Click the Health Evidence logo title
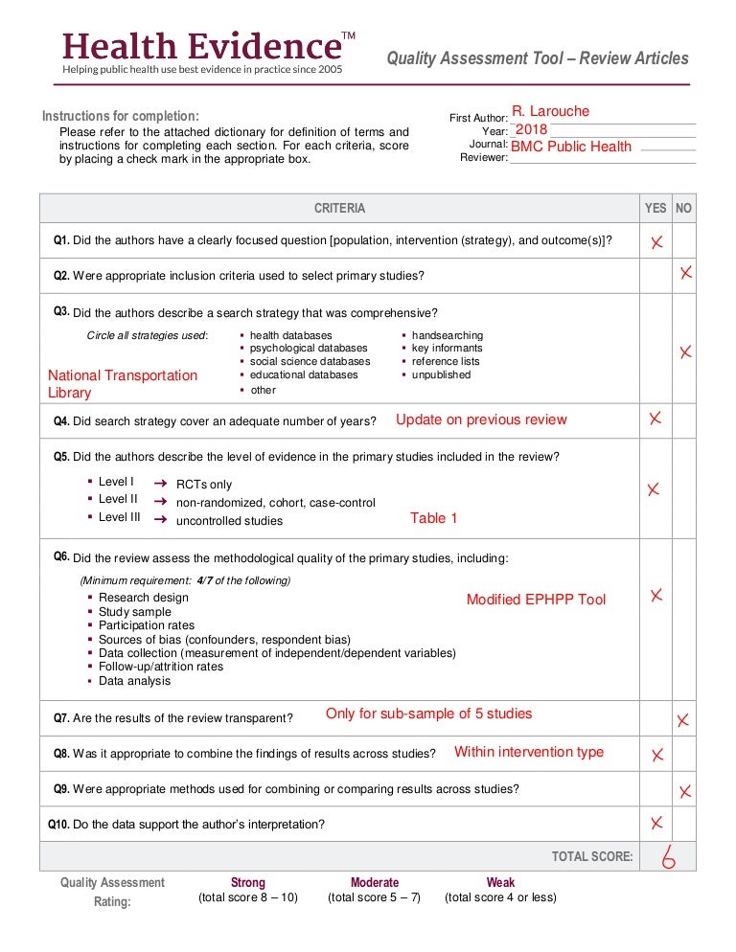coord(201,45)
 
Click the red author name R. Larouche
coord(550,111)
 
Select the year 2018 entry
coord(531,129)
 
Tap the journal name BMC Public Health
coord(571,147)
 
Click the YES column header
coord(655,208)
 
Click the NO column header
coord(683,208)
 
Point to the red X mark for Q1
coord(656,242)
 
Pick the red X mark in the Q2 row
coord(686,274)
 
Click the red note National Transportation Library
coord(123,384)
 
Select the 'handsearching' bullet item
coord(447,335)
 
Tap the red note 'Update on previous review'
coord(481,419)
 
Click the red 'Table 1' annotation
coord(434,518)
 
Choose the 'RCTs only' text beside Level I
coord(204,485)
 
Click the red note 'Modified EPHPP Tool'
coord(536,600)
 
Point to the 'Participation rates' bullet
coord(146,625)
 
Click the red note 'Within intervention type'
coord(529,752)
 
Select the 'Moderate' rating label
coord(375,882)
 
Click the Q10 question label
coord(59,824)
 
